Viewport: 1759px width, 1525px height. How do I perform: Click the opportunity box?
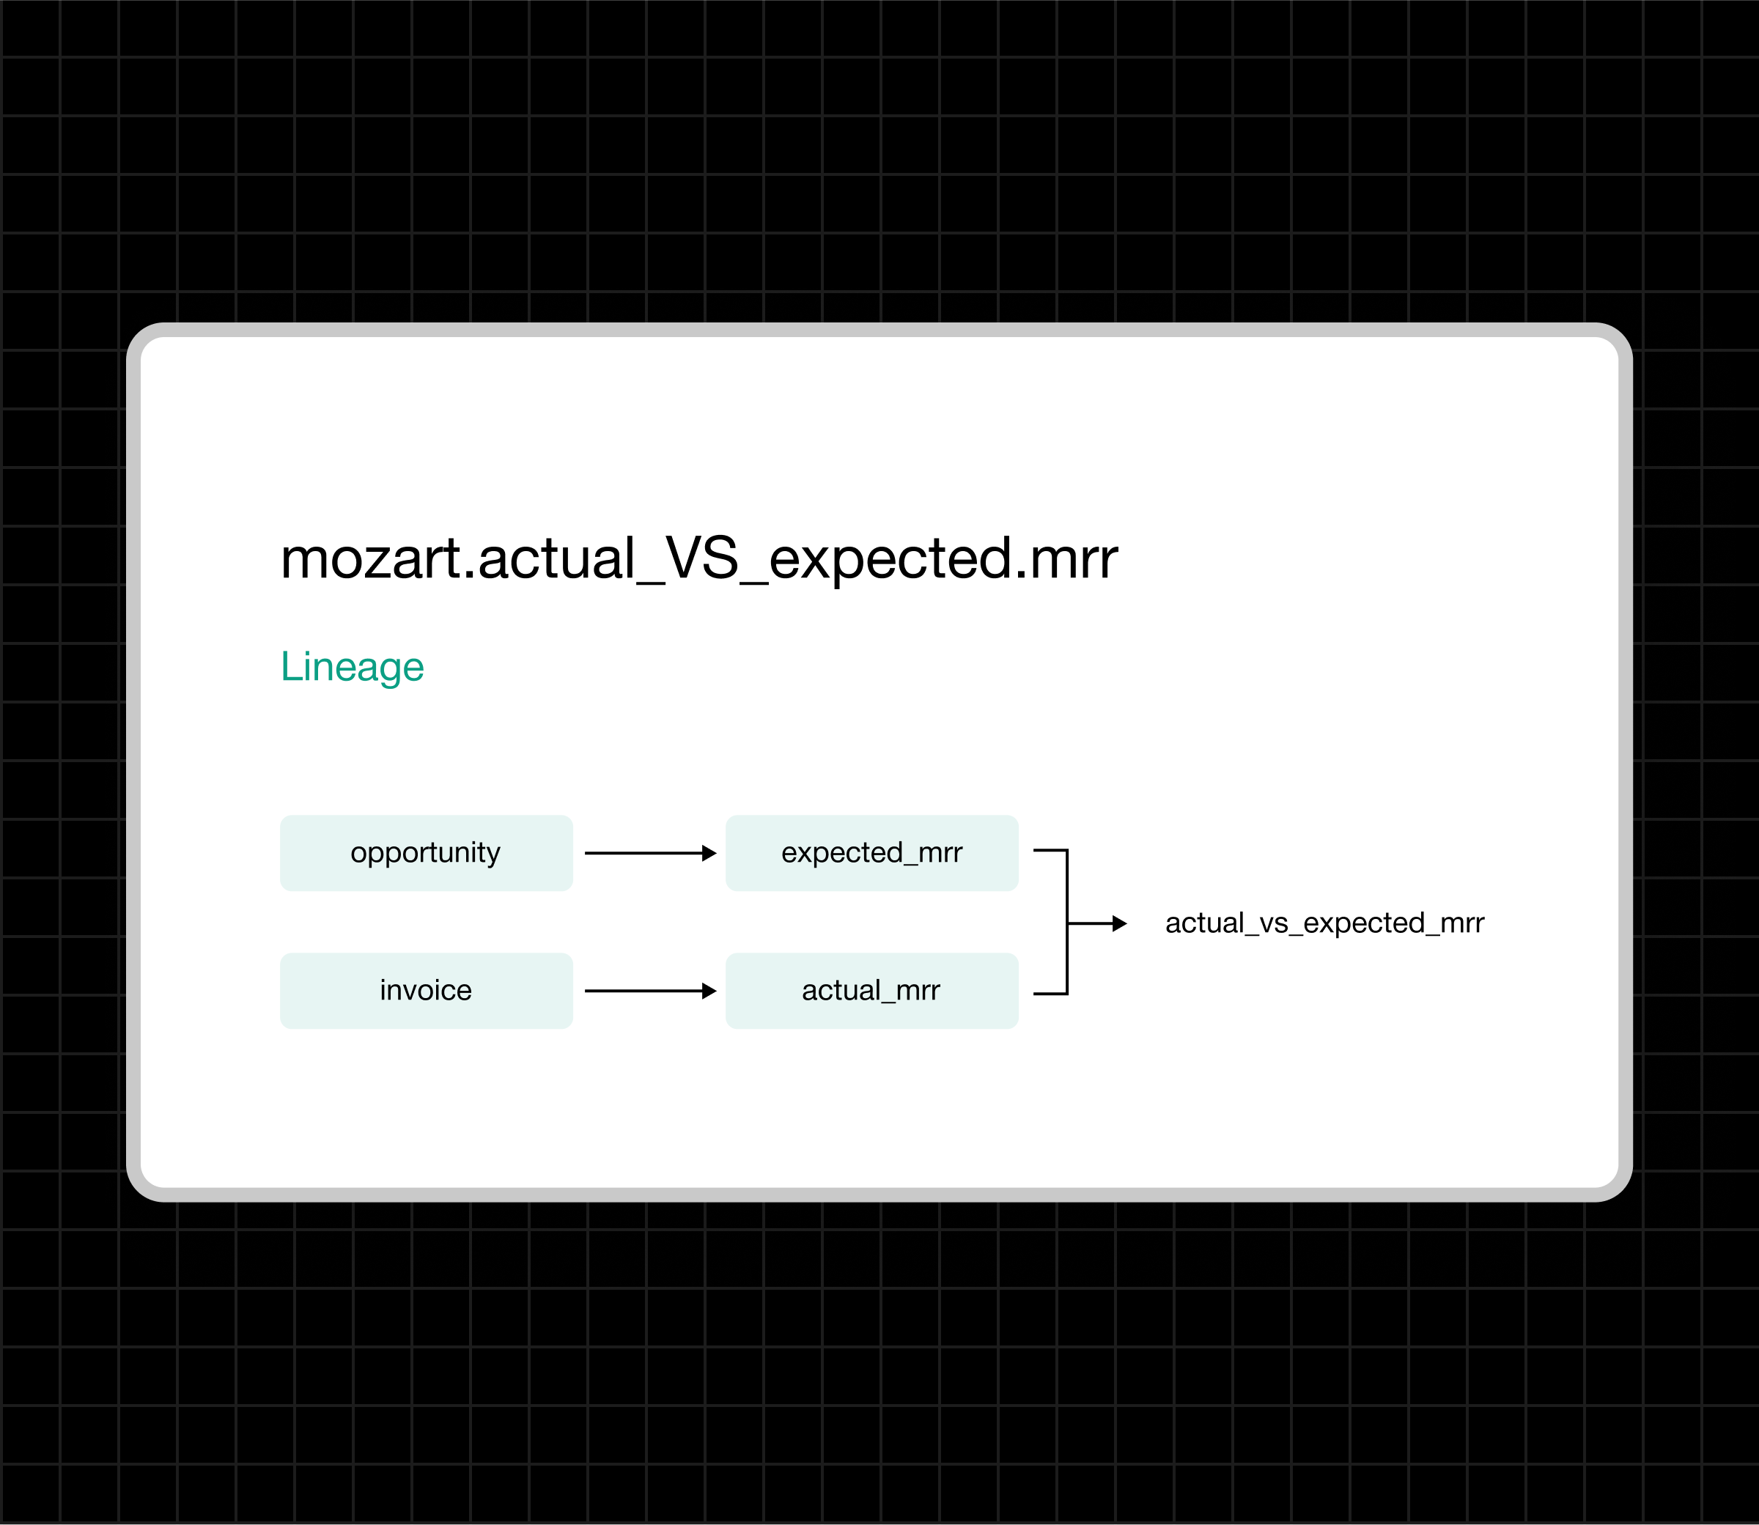[x=426, y=853]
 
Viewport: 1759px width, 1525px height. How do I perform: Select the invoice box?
[x=426, y=991]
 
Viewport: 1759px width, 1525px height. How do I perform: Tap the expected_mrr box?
[x=871, y=853]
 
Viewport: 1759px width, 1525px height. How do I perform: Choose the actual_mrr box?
[x=871, y=991]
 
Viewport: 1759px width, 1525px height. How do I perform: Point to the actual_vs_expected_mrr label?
[x=1324, y=923]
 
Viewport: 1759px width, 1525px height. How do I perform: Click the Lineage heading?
[x=352, y=666]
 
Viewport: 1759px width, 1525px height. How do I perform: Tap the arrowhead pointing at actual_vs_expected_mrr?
[x=1120, y=923]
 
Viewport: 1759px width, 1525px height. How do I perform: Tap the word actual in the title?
[x=556, y=559]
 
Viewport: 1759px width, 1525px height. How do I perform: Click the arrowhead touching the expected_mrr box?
[x=709, y=853]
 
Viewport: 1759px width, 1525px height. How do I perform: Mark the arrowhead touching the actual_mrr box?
[x=709, y=991]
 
